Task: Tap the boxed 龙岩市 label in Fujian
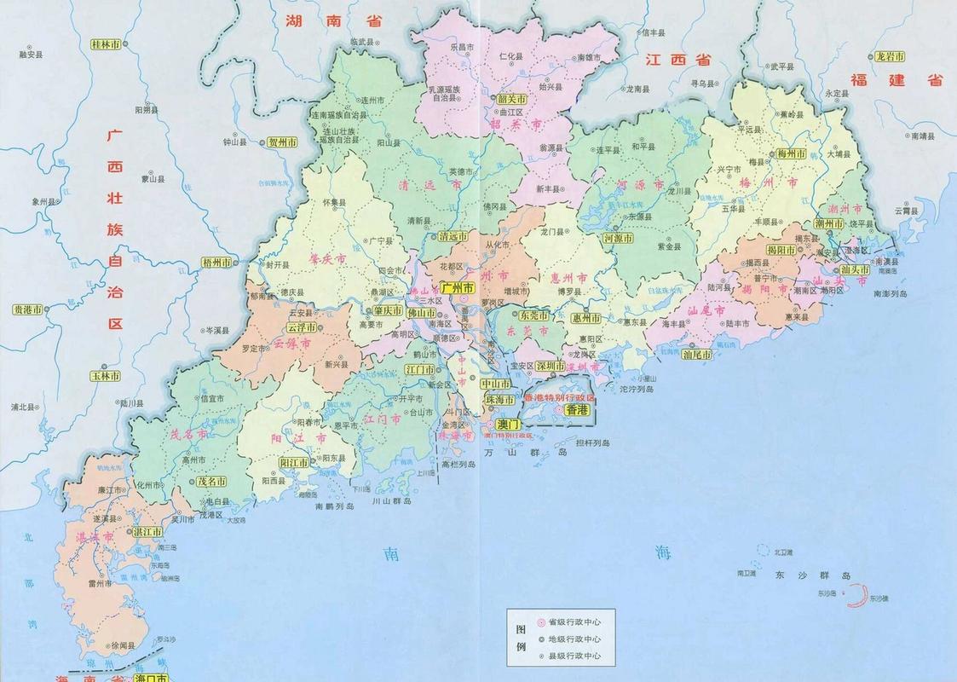tap(889, 56)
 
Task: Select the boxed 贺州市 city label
tap(282, 142)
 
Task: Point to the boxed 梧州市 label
tap(216, 263)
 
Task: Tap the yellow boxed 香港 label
tap(577, 410)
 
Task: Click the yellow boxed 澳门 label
tap(508, 423)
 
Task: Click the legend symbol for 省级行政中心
tap(540, 622)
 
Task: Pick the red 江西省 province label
tap(677, 60)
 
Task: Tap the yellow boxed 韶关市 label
tap(512, 99)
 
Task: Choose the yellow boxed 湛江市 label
tap(147, 531)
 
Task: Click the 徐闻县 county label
tap(124, 645)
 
